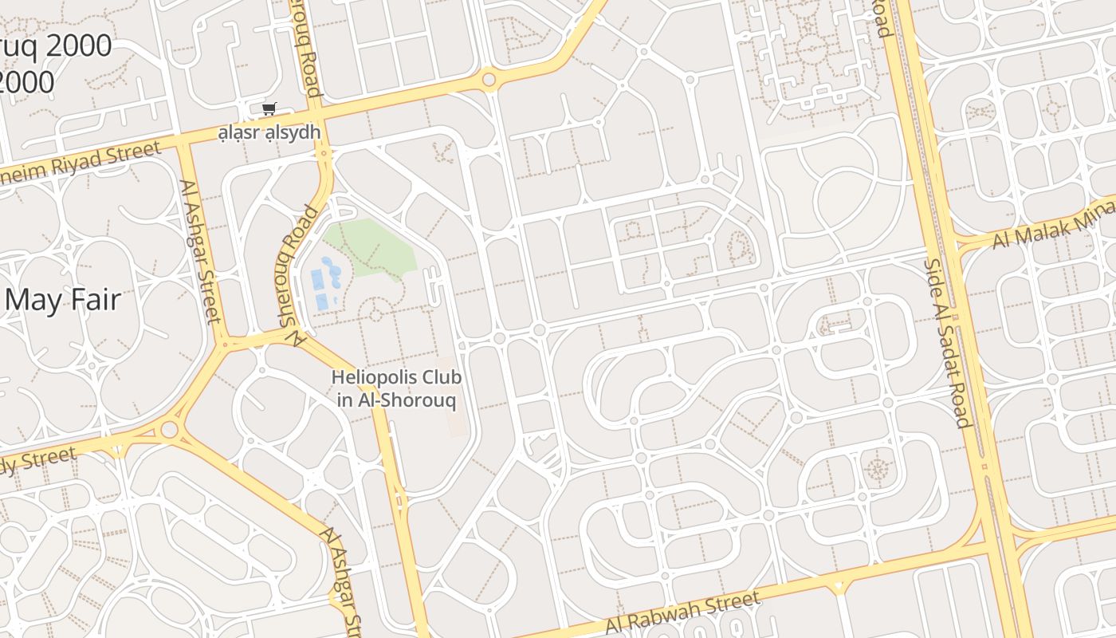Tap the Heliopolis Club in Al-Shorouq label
(396, 388)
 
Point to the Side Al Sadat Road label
(946, 343)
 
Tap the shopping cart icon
(269, 109)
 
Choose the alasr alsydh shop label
(269, 132)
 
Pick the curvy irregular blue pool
(332, 271)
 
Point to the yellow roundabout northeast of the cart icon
(489, 80)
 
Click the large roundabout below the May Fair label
(169, 431)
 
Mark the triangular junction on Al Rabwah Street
(838, 588)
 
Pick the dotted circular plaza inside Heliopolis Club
(375, 314)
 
